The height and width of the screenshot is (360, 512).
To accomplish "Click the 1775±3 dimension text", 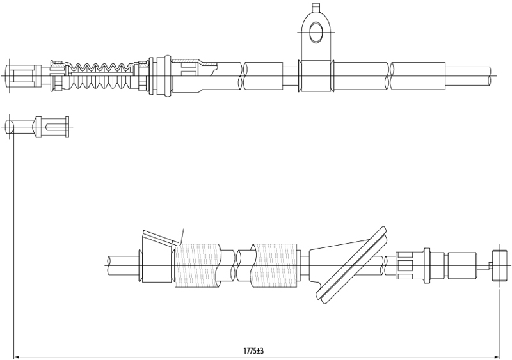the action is click(253, 351).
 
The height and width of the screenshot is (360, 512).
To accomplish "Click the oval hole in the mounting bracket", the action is click(316, 33).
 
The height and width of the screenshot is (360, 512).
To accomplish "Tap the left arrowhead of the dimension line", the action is click(17, 356).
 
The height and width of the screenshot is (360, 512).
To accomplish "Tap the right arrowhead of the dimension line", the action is click(497, 356).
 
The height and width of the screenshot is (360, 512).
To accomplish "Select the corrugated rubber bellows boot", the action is click(101, 76).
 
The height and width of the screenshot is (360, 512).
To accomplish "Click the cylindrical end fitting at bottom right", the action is click(500, 265).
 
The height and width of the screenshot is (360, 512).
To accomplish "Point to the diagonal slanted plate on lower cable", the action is click(351, 265).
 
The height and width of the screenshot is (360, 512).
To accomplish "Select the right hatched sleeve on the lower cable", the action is click(275, 265).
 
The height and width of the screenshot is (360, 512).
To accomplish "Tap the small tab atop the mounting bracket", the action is click(316, 7).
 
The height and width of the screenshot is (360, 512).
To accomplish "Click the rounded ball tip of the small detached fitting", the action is click(10, 127).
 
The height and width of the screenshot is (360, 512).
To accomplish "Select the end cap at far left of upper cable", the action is click(20, 76).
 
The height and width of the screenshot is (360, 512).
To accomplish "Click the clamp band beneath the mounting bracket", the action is click(316, 76).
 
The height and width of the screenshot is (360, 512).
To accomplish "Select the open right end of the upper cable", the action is click(490, 76).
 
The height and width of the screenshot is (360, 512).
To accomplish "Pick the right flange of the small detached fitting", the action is click(67, 127).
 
